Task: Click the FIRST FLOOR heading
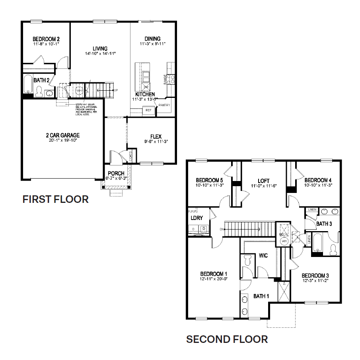click(x=55, y=199)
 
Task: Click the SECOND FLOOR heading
click(x=227, y=339)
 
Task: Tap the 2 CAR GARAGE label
click(x=62, y=136)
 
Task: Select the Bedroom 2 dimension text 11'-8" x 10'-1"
click(x=46, y=44)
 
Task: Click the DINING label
click(x=153, y=39)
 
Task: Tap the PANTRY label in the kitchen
click(x=164, y=105)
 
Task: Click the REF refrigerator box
click(x=148, y=110)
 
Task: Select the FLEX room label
click(x=156, y=136)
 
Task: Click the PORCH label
click(x=116, y=173)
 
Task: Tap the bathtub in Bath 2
click(x=28, y=84)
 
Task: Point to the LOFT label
click(x=264, y=180)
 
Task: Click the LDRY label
click(x=197, y=218)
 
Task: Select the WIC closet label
click(x=263, y=255)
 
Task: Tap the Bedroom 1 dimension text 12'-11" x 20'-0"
click(x=214, y=279)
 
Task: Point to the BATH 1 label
click(x=261, y=296)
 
